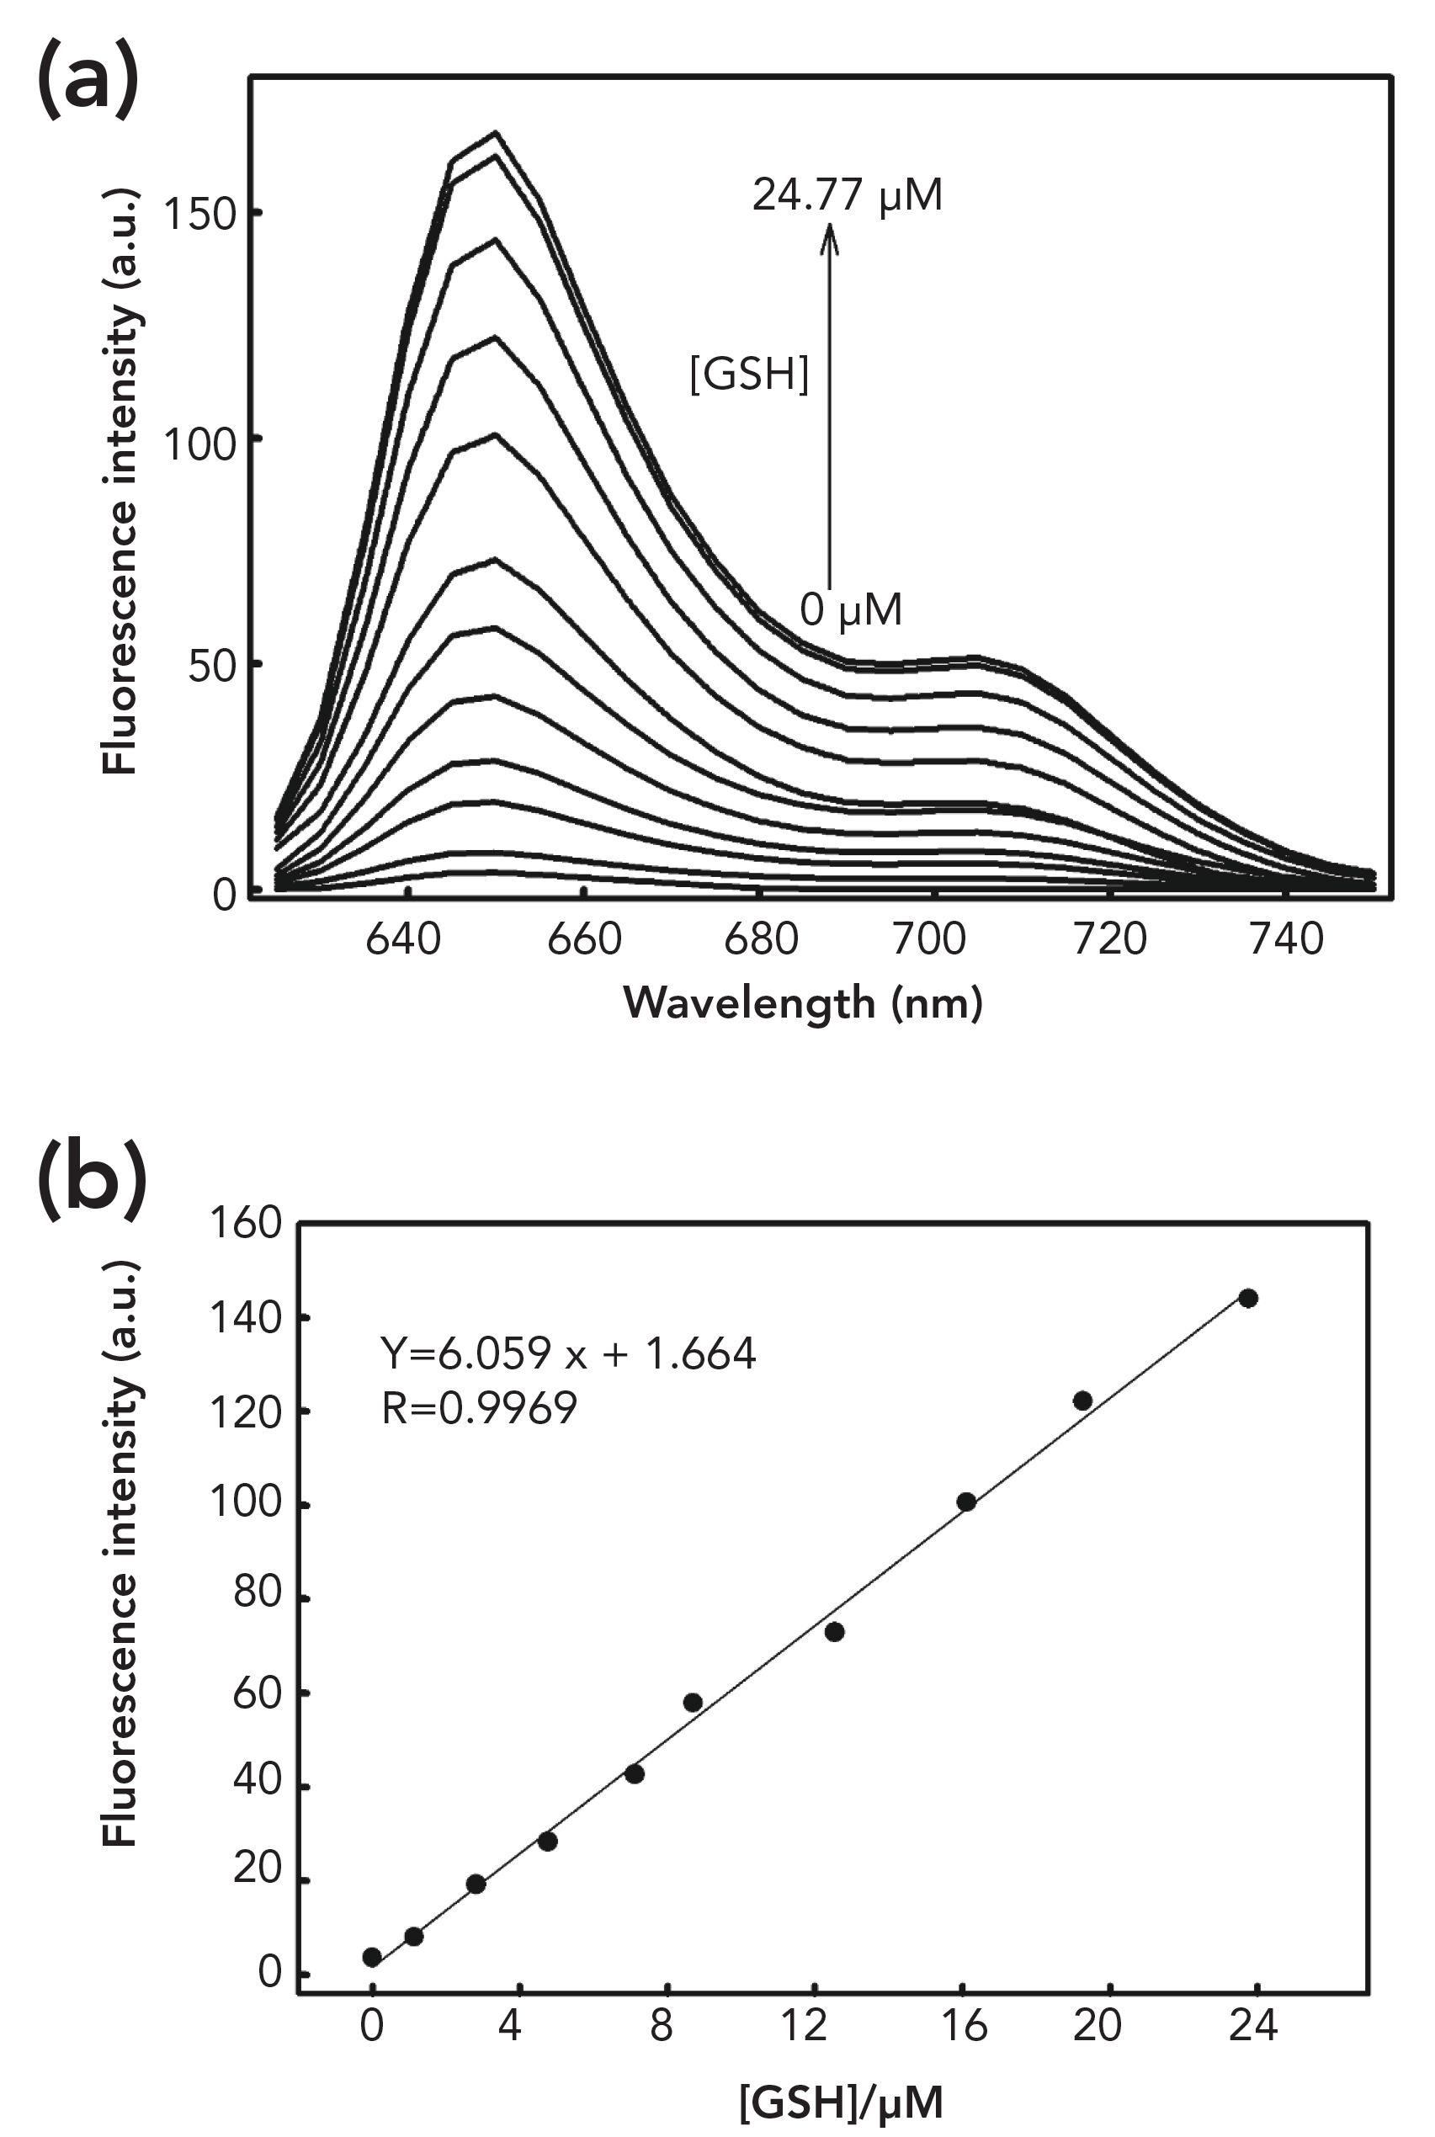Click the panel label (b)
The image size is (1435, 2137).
coord(93,1179)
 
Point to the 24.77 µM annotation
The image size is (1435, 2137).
coord(847,195)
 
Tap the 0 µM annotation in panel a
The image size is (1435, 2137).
coord(850,609)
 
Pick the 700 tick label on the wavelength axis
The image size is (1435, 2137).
coord(929,941)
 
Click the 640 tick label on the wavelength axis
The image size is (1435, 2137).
coord(402,941)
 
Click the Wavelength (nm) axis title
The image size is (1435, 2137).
coord(803,1004)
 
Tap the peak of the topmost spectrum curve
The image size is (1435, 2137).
coord(496,133)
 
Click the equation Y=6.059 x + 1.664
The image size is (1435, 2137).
coord(568,1353)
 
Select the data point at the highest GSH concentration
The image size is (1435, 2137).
coord(1248,1298)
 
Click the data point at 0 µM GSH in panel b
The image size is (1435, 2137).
coord(371,1958)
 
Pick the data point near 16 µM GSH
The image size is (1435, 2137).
coord(965,1502)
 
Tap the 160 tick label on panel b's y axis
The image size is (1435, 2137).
coord(244,1223)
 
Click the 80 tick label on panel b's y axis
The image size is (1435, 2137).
coord(256,1594)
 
